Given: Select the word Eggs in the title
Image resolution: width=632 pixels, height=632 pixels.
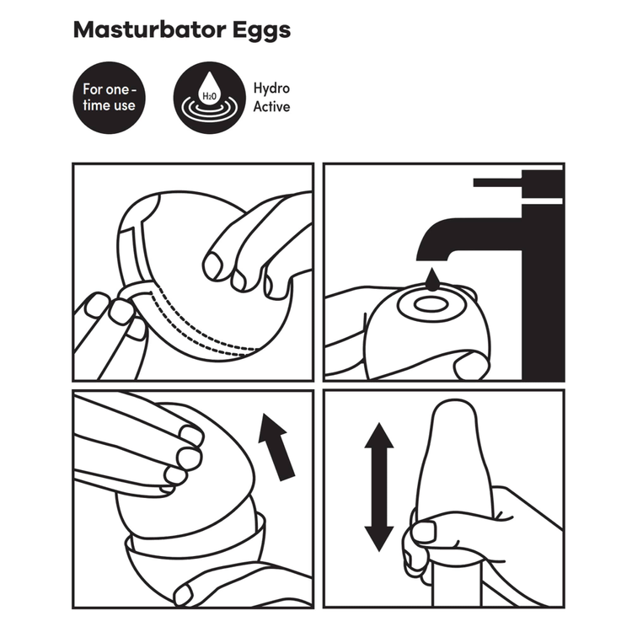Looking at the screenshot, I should click(x=260, y=32).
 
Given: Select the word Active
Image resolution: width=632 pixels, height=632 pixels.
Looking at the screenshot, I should click(x=271, y=107).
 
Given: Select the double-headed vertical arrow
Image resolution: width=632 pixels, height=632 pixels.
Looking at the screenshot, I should click(x=379, y=487).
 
